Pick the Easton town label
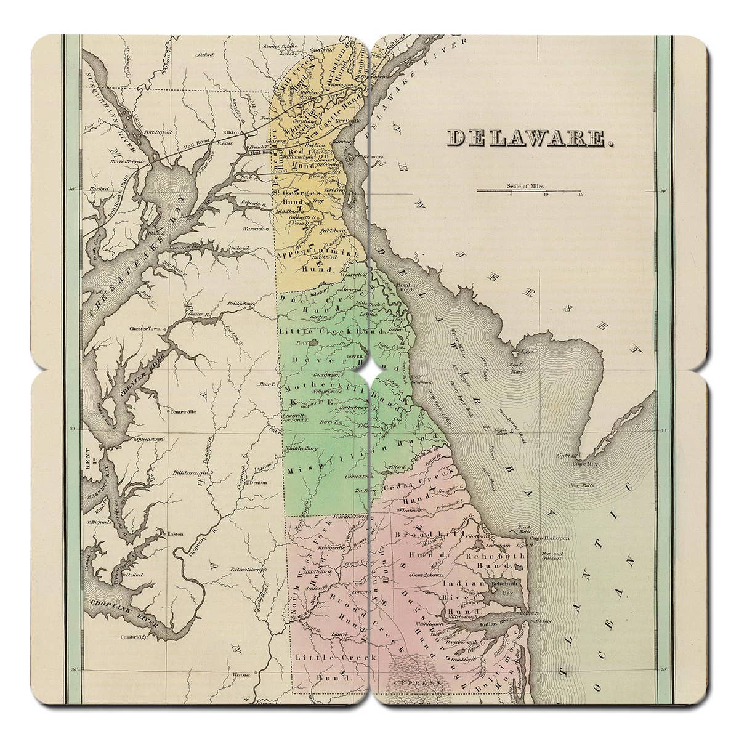point(176,534)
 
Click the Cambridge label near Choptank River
point(135,637)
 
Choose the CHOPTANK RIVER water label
point(123,610)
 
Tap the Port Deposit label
point(156,132)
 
